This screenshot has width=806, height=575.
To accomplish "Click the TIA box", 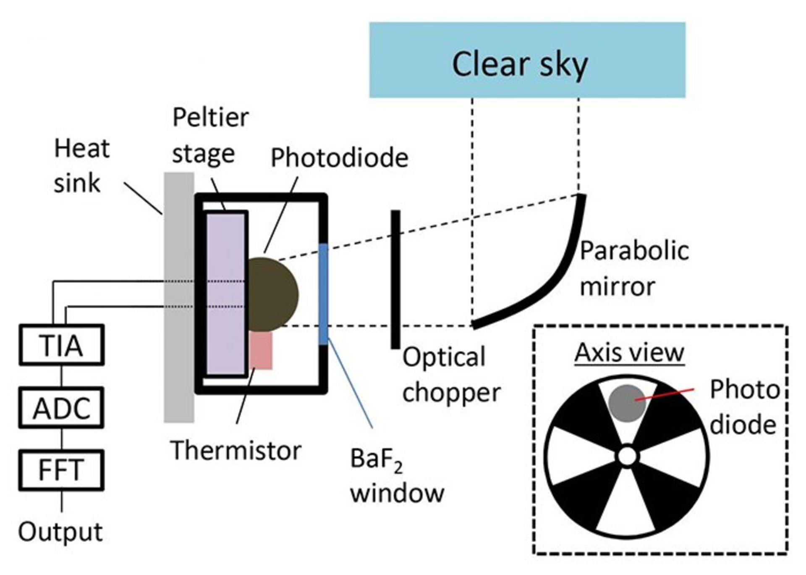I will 61,344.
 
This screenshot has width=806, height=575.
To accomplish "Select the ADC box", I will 61,408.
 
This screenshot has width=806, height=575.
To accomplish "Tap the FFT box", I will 61,470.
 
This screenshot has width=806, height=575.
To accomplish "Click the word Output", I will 60,532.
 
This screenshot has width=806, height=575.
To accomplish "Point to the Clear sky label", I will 520,64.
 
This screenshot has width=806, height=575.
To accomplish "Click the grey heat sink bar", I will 179,357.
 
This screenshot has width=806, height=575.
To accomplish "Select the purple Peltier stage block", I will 225,294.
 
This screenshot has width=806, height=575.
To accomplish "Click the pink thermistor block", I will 261,351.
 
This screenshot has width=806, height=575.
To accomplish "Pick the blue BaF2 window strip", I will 323,294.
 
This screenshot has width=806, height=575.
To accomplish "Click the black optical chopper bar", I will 395,279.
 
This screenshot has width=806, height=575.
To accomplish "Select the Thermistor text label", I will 236,451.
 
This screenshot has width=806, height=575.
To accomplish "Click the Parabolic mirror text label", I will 634,269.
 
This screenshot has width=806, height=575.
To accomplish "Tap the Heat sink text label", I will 82,166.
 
